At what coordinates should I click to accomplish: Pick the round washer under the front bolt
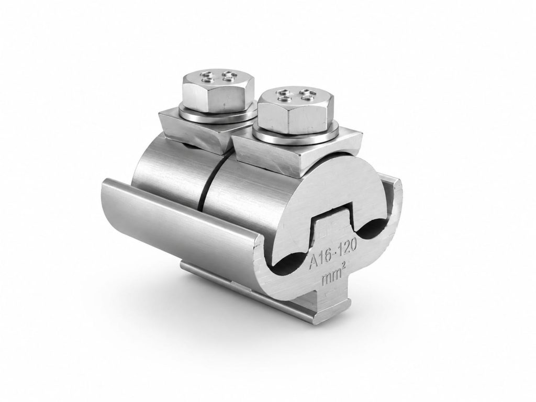[x=297, y=135]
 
